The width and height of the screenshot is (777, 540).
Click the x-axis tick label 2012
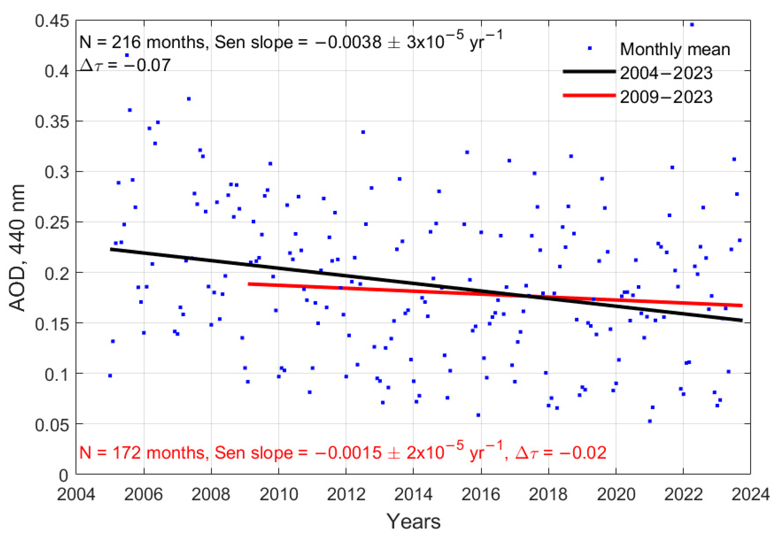[x=346, y=495]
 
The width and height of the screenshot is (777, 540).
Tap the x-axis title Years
[x=413, y=521]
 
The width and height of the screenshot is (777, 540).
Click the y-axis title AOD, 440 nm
[x=17, y=248]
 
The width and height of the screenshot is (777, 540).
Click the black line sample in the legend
[x=589, y=71]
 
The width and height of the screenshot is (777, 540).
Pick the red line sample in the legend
[x=589, y=95]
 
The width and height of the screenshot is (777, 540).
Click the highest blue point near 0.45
[x=692, y=25]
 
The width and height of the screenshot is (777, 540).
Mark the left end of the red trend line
[x=249, y=284]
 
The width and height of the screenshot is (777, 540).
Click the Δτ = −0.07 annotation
[x=125, y=65]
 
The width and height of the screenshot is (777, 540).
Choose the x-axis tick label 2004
[x=76, y=495]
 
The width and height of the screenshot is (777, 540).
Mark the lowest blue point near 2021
[x=650, y=421]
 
